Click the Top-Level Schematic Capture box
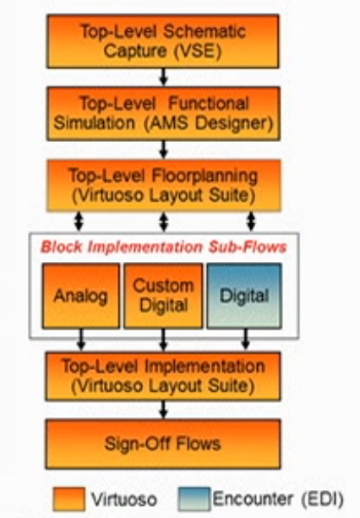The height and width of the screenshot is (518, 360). (x=163, y=41)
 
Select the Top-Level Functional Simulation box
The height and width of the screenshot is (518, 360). (x=163, y=113)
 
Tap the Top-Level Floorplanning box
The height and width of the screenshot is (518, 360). (x=164, y=185)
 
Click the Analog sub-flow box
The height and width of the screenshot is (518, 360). (x=81, y=296)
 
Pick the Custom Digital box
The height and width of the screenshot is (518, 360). (x=163, y=296)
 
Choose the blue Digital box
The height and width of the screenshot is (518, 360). (x=244, y=296)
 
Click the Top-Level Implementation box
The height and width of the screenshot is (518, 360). (x=163, y=376)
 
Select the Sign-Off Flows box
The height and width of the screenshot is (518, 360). (x=163, y=444)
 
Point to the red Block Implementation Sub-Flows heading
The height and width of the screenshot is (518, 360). (x=163, y=247)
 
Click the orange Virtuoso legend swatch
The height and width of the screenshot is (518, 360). (x=69, y=499)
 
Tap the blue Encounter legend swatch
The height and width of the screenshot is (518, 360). (x=194, y=499)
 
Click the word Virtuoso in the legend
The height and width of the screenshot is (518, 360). (x=124, y=499)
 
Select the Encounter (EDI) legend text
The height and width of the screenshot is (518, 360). (x=278, y=499)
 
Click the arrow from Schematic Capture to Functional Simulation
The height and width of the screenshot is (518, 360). (x=163, y=77)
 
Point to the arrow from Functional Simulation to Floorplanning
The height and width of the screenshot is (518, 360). (x=163, y=150)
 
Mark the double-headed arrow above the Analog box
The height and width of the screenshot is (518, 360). (x=79, y=221)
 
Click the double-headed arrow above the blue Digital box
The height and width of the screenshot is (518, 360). (x=251, y=221)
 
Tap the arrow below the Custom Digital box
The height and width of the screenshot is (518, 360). (x=163, y=340)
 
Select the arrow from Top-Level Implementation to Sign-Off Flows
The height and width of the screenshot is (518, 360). (x=163, y=410)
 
